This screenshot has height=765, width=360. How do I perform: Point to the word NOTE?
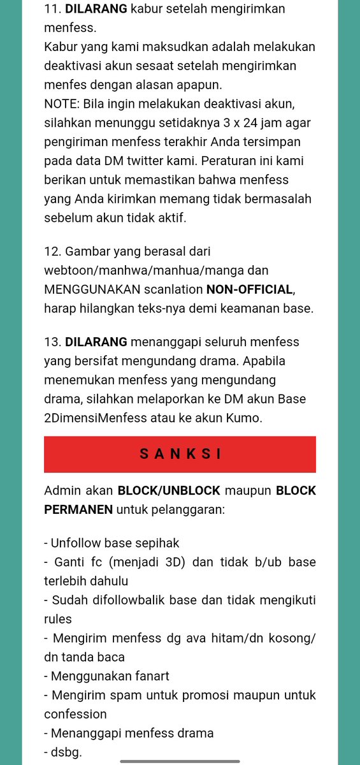tap(62, 103)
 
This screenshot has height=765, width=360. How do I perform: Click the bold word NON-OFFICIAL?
tap(250, 289)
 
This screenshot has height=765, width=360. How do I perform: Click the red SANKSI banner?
tap(180, 454)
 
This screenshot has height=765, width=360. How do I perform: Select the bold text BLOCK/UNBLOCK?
tap(169, 492)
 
